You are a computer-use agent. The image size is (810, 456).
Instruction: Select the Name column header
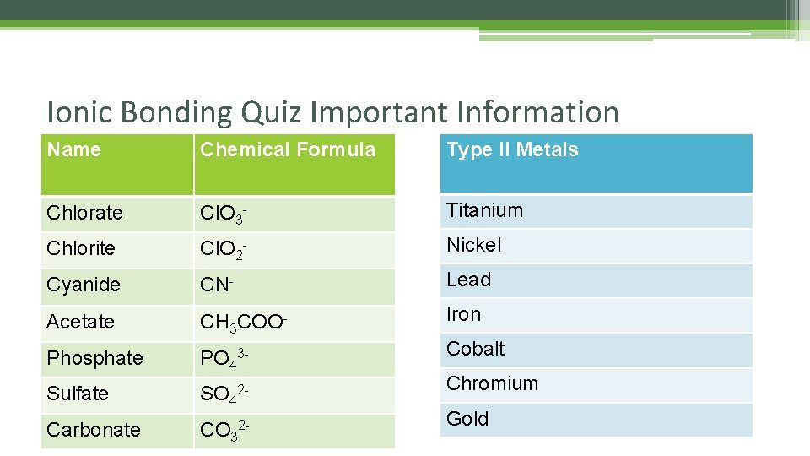click(x=74, y=150)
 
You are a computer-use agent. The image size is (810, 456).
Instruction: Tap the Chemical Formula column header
click(x=288, y=150)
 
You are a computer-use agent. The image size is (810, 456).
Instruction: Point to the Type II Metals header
click(x=512, y=150)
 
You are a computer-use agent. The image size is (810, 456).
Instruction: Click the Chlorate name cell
click(x=85, y=213)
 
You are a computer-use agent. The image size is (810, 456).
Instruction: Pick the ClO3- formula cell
click(x=224, y=214)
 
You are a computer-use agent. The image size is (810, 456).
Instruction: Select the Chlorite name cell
click(x=82, y=249)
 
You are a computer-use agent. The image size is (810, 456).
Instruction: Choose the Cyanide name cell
click(x=84, y=285)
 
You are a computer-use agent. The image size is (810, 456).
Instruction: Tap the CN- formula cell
click(x=216, y=285)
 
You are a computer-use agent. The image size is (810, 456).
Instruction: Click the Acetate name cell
click(x=81, y=322)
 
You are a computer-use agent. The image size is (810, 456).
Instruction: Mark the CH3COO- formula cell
click(x=245, y=322)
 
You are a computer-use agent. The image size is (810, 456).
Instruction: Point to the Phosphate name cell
click(x=95, y=358)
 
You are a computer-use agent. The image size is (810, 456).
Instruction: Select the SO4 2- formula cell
click(x=224, y=394)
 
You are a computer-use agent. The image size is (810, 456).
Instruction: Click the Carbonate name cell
click(x=94, y=430)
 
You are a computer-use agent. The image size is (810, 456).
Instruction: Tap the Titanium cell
click(x=485, y=210)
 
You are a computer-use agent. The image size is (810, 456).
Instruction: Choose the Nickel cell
click(x=474, y=245)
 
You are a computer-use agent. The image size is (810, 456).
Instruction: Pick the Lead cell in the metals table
click(x=469, y=280)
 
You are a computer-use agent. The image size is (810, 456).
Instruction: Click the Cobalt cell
click(x=476, y=349)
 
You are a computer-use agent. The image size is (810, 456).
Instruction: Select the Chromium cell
click(x=492, y=383)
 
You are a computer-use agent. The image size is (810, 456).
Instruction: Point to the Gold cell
click(x=467, y=419)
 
